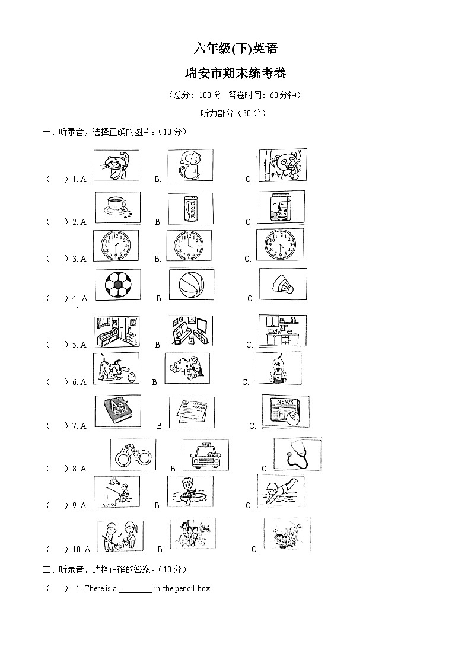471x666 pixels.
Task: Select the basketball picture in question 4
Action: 191,285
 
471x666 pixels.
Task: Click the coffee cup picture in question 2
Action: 117,207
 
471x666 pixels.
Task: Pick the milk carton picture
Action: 280,207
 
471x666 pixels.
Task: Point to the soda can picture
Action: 190,208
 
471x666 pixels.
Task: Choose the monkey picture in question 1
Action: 190,165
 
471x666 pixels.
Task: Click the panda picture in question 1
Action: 282,164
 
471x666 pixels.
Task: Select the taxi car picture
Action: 205,455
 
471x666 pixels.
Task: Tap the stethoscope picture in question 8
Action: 297,454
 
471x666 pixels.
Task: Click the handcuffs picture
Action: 133,455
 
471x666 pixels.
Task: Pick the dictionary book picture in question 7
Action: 117,410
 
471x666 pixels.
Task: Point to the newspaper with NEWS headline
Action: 285,410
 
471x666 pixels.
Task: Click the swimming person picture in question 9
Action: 280,490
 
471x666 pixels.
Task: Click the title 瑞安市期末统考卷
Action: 235,74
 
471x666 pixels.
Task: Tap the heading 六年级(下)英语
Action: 235,49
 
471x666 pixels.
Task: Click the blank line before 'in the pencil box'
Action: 136,589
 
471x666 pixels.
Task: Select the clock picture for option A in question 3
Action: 116,246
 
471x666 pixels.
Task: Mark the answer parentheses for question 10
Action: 57,549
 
